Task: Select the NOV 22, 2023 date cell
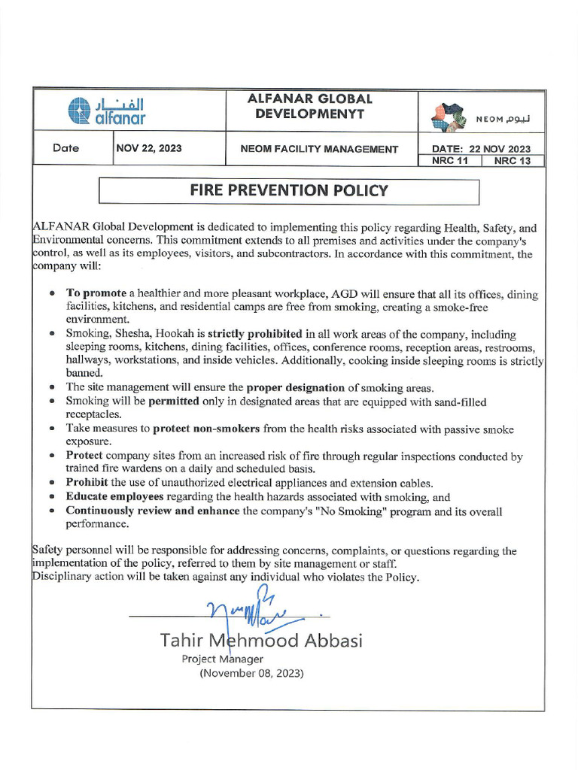tap(149, 148)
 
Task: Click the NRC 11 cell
tap(449, 161)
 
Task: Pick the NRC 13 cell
tap(513, 161)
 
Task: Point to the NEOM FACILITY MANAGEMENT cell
tap(319, 149)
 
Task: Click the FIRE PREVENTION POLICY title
tap(289, 190)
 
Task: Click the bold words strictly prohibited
tap(255, 333)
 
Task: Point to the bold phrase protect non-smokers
tap(206, 429)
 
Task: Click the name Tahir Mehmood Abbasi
tap(261, 641)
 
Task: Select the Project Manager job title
tap(222, 659)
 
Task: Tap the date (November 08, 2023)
tap(251, 674)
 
